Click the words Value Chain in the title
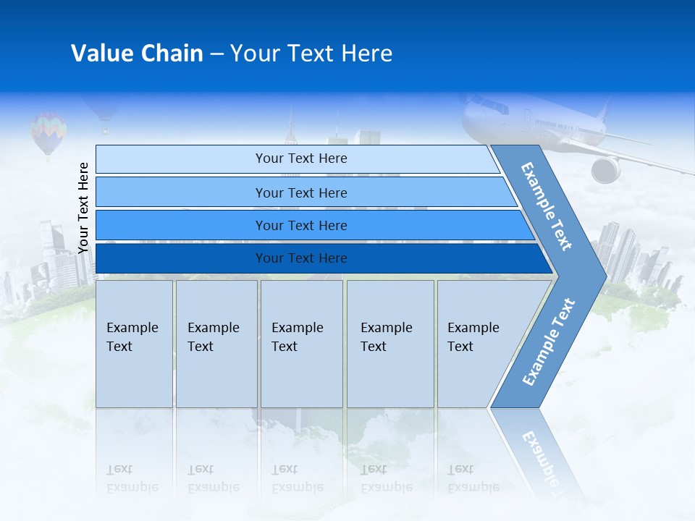137,54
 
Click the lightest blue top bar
300,158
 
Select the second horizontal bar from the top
300,192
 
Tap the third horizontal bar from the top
300,225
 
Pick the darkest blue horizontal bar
300,258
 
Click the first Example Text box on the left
134,343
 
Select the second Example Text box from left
216,343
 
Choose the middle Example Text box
301,343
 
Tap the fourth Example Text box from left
390,343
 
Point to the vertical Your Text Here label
83,208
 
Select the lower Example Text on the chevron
548,342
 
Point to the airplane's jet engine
606,170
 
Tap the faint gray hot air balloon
104,116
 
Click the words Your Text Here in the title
311,54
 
